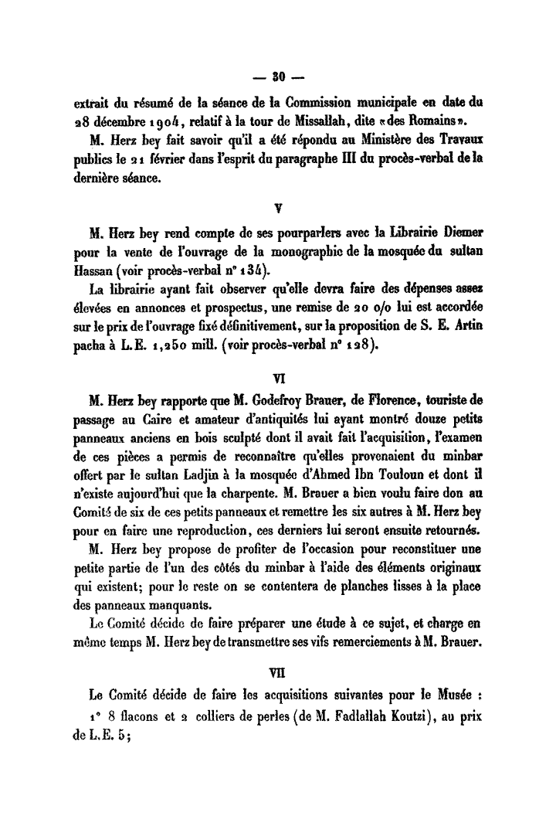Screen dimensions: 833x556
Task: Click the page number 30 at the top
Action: [278, 77]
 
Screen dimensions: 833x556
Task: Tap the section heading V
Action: [278, 206]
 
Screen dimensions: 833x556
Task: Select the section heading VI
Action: [279, 379]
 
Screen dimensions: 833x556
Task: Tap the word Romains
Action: [438, 124]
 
